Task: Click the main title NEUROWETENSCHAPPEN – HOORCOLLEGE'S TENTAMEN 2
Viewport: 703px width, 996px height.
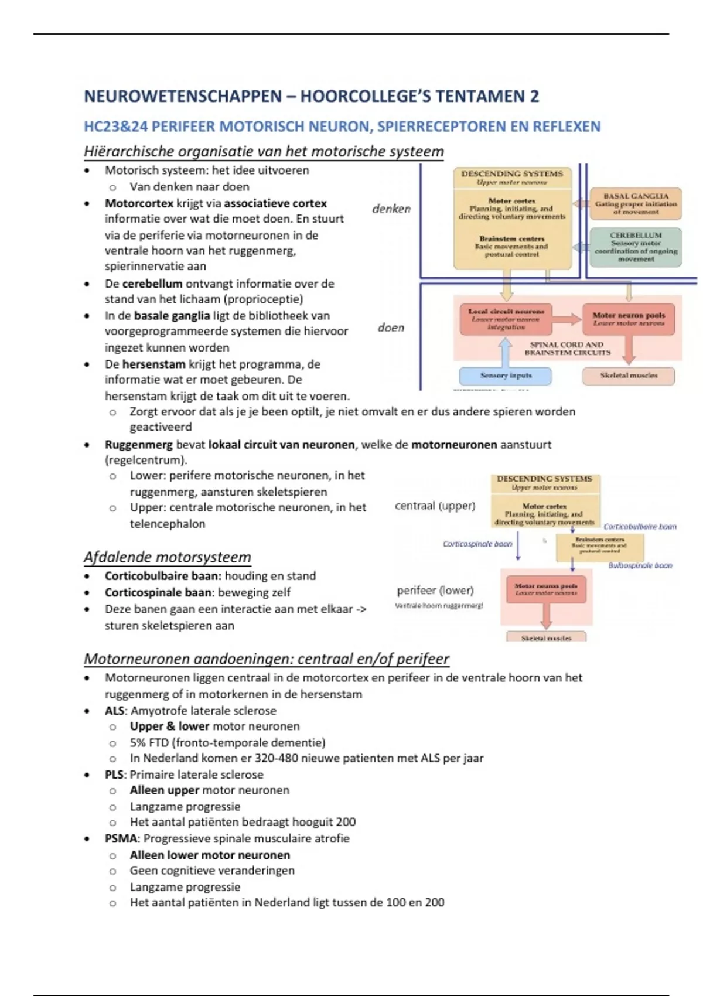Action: pos(311,96)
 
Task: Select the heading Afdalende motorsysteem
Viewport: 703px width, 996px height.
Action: pos(167,557)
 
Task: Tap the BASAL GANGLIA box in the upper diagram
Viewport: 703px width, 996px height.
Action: pos(636,204)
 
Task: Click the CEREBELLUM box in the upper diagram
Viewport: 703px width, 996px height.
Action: pos(636,247)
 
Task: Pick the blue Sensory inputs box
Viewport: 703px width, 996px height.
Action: pos(506,376)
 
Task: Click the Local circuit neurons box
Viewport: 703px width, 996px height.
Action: pos(506,319)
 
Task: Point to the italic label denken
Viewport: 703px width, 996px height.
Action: pos(391,209)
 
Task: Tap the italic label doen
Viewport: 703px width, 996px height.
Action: pos(391,328)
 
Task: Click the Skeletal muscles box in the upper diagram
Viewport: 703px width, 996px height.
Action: pos(628,376)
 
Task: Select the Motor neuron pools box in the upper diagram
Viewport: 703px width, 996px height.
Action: pos(628,319)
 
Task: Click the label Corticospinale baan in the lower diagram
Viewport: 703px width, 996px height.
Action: pos(477,544)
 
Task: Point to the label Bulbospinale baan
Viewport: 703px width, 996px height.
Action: pos(640,565)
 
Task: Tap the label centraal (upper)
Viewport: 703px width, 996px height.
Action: pos(435,506)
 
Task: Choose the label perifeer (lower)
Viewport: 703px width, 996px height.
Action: pos(435,590)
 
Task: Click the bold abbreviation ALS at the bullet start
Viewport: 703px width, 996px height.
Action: pos(114,711)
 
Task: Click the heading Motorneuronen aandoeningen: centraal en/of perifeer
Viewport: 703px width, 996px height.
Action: pos(266,659)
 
